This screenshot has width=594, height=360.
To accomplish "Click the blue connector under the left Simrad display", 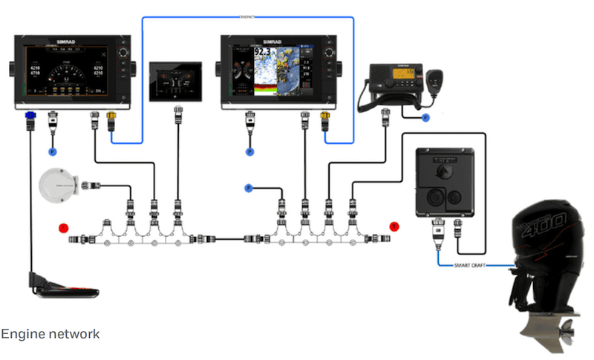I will (x=30, y=117).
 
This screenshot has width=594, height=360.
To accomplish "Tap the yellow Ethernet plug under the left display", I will (x=111, y=117).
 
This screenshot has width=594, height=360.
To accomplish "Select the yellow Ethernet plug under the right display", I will (x=324, y=117).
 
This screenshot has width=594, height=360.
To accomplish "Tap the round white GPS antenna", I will (x=58, y=185).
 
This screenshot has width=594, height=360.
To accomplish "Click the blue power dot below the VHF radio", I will (x=425, y=118).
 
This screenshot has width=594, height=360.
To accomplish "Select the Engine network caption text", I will (x=50, y=334).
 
